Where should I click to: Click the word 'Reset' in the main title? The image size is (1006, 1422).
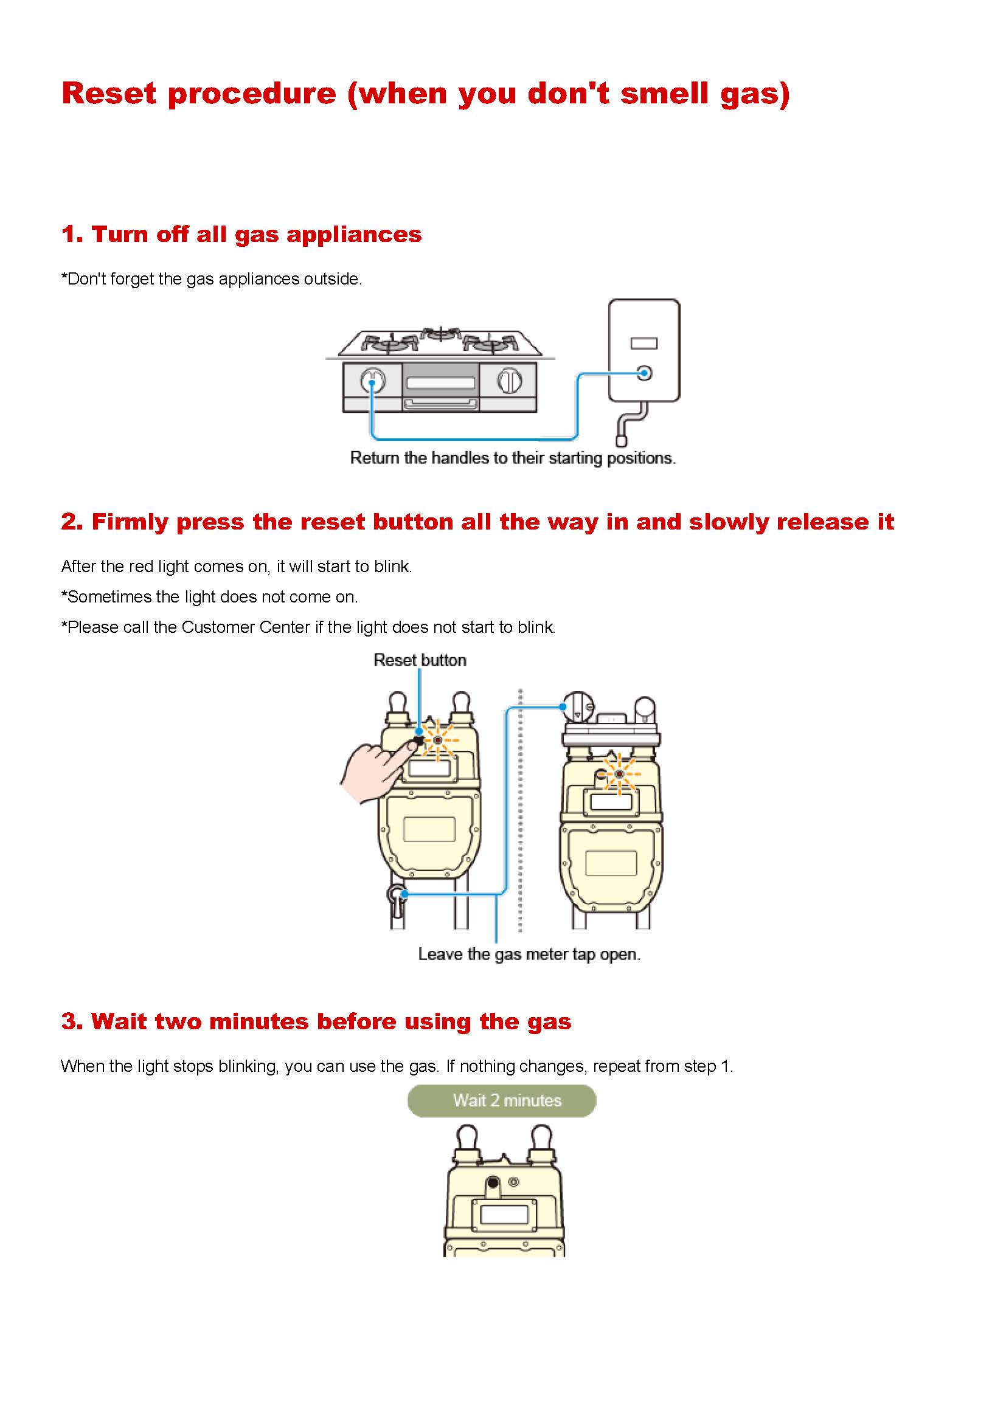[109, 94]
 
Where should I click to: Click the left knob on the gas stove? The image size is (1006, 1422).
[372, 380]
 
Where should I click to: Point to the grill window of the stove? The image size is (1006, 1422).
[440, 382]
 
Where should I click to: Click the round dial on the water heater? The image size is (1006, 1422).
[644, 373]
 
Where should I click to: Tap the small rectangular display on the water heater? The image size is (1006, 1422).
[643, 343]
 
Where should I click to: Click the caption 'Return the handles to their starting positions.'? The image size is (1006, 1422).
[512, 458]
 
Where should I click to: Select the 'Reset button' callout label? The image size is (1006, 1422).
[420, 660]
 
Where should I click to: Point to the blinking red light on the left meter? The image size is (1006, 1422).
[438, 740]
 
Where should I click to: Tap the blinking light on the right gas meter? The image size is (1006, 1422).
[619, 774]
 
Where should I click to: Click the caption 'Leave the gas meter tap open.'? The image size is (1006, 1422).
[529, 954]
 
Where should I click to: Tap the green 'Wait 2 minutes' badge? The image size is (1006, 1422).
[502, 1100]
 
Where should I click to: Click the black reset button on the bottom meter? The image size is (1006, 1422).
[493, 1183]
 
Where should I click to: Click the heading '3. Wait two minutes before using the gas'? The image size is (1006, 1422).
[316, 1021]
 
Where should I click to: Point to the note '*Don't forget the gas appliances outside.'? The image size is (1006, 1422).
[211, 279]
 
